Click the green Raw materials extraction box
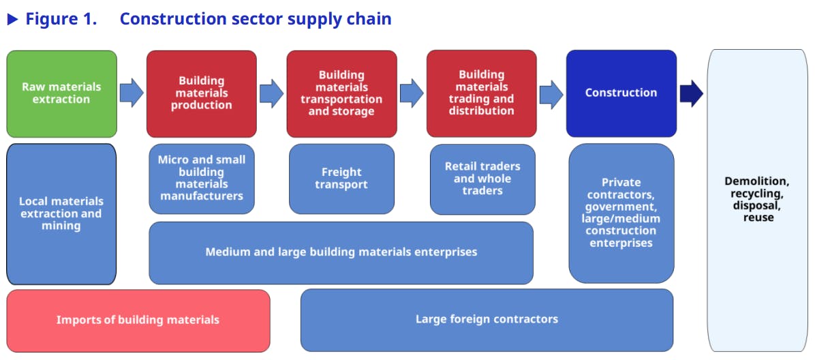(61, 93)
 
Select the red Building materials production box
(202, 93)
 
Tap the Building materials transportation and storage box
(341, 93)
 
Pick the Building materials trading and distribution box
(482, 93)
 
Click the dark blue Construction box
(621, 93)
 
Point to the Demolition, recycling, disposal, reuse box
(758, 200)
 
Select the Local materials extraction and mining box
(61, 213)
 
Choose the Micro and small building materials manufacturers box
(202, 178)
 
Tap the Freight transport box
(341, 179)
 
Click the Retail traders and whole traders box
(482, 179)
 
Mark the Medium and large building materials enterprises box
(341, 252)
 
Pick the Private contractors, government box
(621, 213)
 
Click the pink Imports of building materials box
(138, 320)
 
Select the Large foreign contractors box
(487, 319)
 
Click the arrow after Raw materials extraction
(132, 93)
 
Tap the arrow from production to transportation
(271, 93)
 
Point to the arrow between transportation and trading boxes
(411, 93)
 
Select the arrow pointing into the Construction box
(551, 93)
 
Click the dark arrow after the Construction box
(691, 93)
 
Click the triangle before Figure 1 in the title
(12, 19)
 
